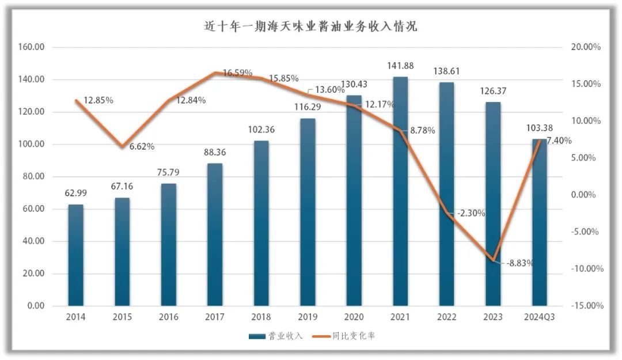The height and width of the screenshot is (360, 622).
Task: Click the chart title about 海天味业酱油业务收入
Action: tap(311, 26)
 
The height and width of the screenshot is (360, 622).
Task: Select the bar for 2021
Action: tap(400, 190)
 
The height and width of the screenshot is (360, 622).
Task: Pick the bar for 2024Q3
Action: tap(539, 222)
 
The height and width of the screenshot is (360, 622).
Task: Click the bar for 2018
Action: tap(261, 222)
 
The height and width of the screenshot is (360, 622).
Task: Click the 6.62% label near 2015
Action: tap(142, 146)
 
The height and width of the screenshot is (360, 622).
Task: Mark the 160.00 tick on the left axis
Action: tap(33, 47)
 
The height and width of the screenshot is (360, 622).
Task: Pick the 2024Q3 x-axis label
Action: tap(539, 317)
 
